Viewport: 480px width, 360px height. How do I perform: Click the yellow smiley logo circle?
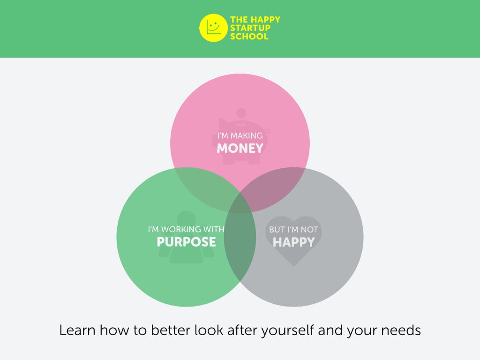tap(213, 28)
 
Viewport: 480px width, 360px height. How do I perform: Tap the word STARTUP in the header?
tap(250, 28)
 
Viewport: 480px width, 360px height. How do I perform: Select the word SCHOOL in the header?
tap(249, 37)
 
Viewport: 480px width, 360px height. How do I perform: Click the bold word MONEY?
tap(240, 149)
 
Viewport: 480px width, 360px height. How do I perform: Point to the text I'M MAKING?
tap(240, 135)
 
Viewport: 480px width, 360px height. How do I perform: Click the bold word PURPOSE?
tap(186, 242)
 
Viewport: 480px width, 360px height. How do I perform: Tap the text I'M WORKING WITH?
tap(186, 229)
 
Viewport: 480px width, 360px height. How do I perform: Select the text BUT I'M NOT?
tap(293, 230)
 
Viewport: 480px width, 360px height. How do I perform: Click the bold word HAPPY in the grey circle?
tap(293, 242)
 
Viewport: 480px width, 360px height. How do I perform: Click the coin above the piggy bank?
tap(241, 113)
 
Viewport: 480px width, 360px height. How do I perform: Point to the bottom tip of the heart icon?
tap(293, 266)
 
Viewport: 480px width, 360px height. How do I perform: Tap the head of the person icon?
tap(186, 218)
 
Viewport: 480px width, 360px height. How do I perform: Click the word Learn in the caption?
tap(77, 330)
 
